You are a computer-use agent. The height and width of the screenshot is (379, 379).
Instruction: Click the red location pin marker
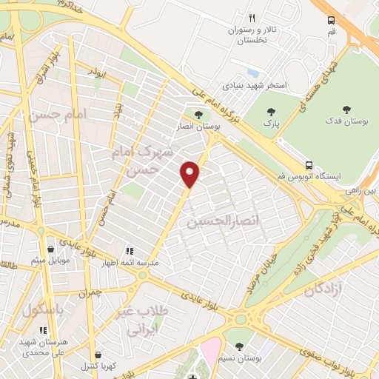(190, 173)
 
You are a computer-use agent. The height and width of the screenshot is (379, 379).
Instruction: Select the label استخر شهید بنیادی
(278, 87)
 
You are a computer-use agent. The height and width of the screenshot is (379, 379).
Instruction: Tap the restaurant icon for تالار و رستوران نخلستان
(252, 18)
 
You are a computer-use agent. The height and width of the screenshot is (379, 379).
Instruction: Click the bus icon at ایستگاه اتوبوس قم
(309, 164)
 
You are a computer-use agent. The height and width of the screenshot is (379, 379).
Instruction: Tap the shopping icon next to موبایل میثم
(50, 249)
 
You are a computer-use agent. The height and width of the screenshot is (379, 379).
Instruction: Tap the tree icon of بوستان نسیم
(238, 346)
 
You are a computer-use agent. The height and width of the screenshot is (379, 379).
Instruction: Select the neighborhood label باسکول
(40, 309)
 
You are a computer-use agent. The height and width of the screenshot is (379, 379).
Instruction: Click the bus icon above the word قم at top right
(331, 21)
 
